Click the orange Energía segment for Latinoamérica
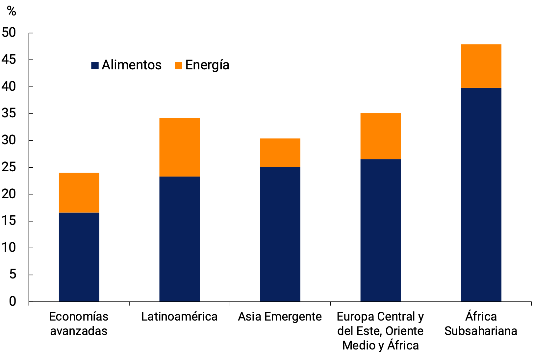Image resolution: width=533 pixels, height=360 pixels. tap(179, 147)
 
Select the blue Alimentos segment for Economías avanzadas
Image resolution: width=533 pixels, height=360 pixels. tap(79, 257)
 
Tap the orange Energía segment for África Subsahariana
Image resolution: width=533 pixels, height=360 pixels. tap(481, 66)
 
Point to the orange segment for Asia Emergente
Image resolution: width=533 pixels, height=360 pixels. tap(280, 153)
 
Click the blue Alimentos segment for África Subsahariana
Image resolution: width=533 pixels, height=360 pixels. tap(481, 194)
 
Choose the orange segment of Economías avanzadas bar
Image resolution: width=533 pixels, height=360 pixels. tap(79, 193)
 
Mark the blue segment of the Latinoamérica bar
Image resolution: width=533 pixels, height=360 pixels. tap(179, 239)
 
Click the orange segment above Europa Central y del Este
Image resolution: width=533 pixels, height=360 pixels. tap(380, 136)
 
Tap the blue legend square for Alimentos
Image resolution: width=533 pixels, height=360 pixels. tap(95, 65)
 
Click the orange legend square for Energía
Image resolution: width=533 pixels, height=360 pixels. tap(178, 65)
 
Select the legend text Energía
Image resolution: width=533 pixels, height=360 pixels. tap(207, 65)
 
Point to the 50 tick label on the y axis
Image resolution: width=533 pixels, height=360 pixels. tap(9, 33)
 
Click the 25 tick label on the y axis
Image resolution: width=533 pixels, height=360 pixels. tap(9, 167)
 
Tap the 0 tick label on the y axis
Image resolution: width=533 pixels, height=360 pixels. tap(13, 301)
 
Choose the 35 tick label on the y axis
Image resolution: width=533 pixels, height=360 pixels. tap(9, 113)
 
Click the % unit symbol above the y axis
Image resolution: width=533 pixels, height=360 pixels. tap(12, 11)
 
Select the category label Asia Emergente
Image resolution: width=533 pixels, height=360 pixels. tap(280, 317)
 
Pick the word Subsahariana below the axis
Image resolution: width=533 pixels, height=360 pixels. tap(481, 331)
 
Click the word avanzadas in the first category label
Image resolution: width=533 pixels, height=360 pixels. tap(79, 331)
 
